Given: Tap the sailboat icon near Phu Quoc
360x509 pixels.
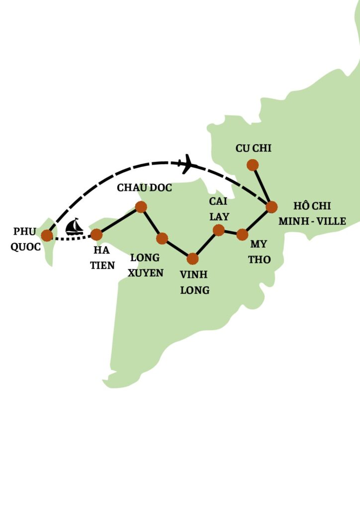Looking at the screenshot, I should pyautogui.click(x=75, y=227).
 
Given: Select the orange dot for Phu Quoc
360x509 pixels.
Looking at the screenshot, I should pyautogui.click(x=47, y=235).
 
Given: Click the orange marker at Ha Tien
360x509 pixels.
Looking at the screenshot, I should pyautogui.click(x=96, y=235).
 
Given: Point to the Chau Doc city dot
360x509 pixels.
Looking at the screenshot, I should pyautogui.click(x=141, y=207).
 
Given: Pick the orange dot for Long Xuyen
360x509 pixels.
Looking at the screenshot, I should pyautogui.click(x=162, y=239).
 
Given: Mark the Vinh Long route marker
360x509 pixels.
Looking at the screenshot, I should pyautogui.click(x=193, y=258).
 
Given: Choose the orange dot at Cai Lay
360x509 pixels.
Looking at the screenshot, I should pyautogui.click(x=218, y=230).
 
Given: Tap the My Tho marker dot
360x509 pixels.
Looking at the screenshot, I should pyautogui.click(x=242, y=234).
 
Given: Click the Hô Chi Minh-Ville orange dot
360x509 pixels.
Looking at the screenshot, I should pyautogui.click(x=271, y=206).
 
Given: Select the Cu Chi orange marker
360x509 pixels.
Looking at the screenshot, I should pyautogui.click(x=253, y=165).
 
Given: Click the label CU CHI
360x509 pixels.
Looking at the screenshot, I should pyautogui.click(x=254, y=148).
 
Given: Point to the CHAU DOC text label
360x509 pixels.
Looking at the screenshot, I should pyautogui.click(x=144, y=188).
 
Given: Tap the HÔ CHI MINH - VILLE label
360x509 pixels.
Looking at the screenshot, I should pyautogui.click(x=312, y=214).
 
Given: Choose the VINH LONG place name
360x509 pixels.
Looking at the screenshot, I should pyautogui.click(x=194, y=282).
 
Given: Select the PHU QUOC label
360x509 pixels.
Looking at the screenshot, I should pyautogui.click(x=25, y=239).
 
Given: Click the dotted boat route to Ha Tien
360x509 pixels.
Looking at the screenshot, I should pyautogui.click(x=72, y=238).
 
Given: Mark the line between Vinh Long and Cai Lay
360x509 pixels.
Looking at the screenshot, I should pyautogui.click(x=206, y=244).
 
